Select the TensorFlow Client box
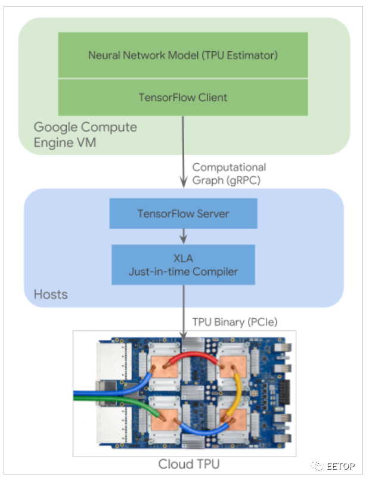pyautogui.click(x=183, y=97)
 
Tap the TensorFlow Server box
pyautogui.click(x=183, y=213)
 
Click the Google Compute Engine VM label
pyautogui.click(x=85, y=135)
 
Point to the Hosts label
pyautogui.click(x=51, y=294)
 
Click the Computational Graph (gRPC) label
pyautogui.click(x=229, y=174)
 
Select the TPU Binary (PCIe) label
pyautogui.click(x=231, y=321)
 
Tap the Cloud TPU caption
pyautogui.click(x=184, y=464)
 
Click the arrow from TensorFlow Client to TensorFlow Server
pyautogui.click(x=183, y=155)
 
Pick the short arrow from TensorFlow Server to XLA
pyautogui.click(x=183, y=235)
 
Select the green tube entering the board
pyautogui.click(x=107, y=408)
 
